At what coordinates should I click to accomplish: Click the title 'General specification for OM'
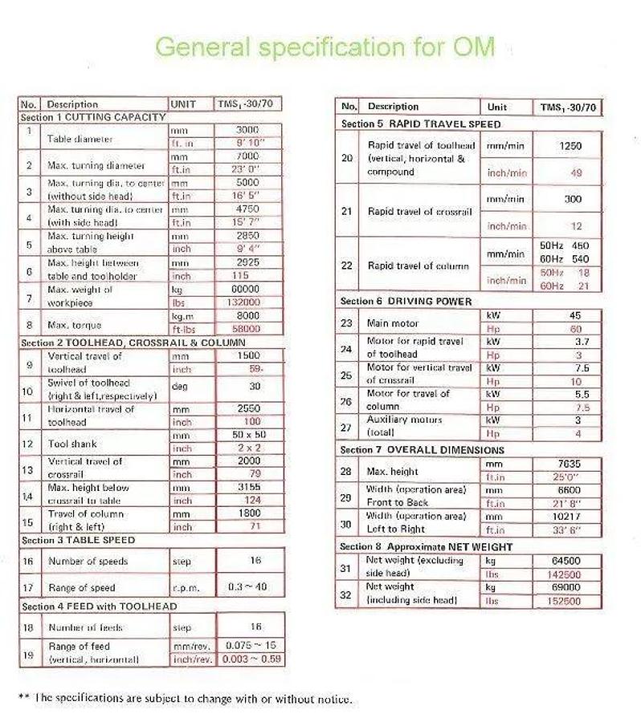(325, 46)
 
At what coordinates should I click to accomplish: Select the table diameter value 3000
(247, 130)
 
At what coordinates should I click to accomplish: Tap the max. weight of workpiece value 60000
(246, 290)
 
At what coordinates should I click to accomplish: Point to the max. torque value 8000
(247, 316)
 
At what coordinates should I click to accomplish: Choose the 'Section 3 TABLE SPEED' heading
(78, 541)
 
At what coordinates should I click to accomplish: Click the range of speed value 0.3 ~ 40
(247, 587)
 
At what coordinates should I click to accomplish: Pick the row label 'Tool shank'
(71, 443)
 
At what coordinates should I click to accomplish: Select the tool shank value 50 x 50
(249, 435)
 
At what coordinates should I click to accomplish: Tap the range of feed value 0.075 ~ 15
(249, 646)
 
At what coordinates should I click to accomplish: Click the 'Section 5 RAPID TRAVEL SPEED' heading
(420, 124)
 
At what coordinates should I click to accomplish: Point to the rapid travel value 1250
(569, 147)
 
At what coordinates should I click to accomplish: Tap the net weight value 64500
(570, 561)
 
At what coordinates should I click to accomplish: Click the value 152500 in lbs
(567, 600)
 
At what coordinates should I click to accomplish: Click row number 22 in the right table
(347, 266)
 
